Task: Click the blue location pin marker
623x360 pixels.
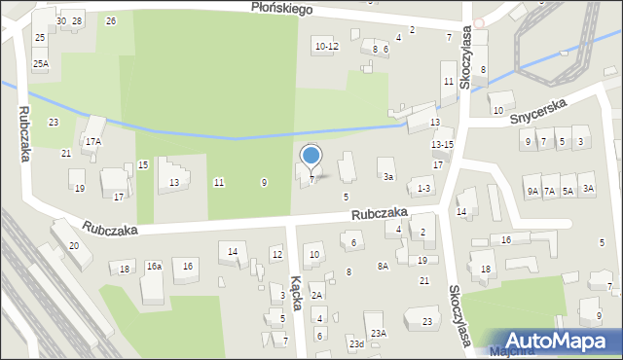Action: click(x=311, y=156)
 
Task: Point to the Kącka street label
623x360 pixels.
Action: click(x=296, y=289)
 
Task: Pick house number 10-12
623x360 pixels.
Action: click(x=326, y=46)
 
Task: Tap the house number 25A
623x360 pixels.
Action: click(x=40, y=63)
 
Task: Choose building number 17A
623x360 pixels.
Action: click(x=92, y=141)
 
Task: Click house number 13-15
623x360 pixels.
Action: click(x=442, y=144)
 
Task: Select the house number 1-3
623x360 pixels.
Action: click(x=423, y=188)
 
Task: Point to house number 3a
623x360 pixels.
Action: click(x=388, y=177)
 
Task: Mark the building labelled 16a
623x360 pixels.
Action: click(x=154, y=266)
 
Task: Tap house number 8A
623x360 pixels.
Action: click(x=383, y=265)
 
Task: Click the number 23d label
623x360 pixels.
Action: click(x=357, y=343)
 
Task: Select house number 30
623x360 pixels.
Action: click(x=61, y=20)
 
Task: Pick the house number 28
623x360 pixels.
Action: click(x=77, y=20)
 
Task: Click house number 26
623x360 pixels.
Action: click(x=111, y=20)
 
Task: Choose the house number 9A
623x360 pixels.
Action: click(x=532, y=192)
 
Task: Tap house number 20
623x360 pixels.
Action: click(x=74, y=246)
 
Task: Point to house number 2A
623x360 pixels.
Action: click(x=316, y=295)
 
